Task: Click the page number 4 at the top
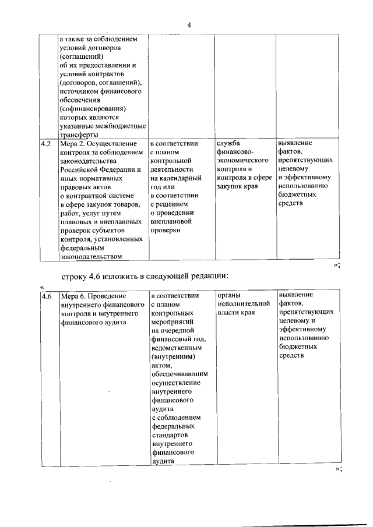pos(189,24)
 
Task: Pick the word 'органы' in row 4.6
pos(228,295)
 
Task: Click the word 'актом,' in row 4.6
pos(160,365)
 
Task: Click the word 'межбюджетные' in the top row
pos(122,125)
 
